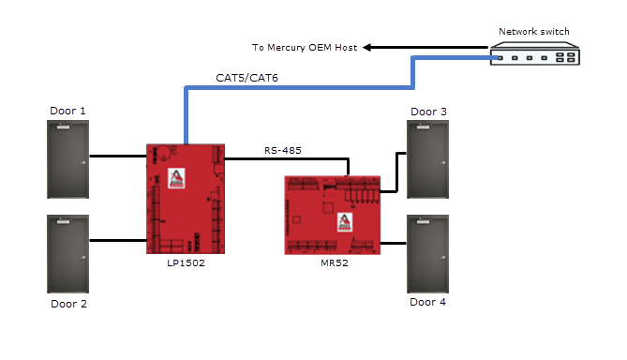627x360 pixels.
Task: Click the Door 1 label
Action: pyautogui.click(x=67, y=111)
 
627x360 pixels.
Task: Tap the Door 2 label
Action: pyautogui.click(x=68, y=304)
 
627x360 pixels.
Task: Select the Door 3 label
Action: pyautogui.click(x=428, y=112)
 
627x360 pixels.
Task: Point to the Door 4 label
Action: pyautogui.click(x=428, y=302)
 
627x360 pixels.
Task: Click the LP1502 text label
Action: pyautogui.click(x=186, y=262)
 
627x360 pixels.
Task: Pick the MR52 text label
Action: pyautogui.click(x=335, y=262)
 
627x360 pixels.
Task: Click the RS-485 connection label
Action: pyautogui.click(x=283, y=150)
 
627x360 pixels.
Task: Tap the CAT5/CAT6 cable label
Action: pyautogui.click(x=246, y=78)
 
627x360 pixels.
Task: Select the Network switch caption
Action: pyautogui.click(x=534, y=32)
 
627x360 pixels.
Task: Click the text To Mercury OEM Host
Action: pyautogui.click(x=305, y=48)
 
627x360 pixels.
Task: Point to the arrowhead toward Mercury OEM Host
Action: pyautogui.click(x=367, y=47)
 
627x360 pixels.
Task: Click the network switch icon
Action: pyautogui.click(x=535, y=53)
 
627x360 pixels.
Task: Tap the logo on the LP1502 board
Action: pyautogui.click(x=176, y=178)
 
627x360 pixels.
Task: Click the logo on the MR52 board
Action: pyautogui.click(x=345, y=221)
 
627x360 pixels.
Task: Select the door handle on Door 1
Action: pyautogui.click(x=83, y=162)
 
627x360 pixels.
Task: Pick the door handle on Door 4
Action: pyautogui.click(x=443, y=257)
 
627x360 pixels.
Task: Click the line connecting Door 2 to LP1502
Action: pyautogui.click(x=118, y=240)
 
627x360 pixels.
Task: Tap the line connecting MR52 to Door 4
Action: pyautogui.click(x=394, y=243)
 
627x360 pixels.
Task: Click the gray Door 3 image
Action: pyautogui.click(x=428, y=159)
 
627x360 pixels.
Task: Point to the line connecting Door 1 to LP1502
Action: pyautogui.click(x=118, y=156)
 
